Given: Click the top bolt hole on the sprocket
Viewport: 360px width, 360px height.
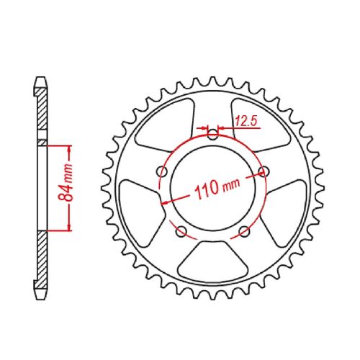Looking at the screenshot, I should (x=212, y=133).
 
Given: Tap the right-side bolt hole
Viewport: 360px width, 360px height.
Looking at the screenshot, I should (x=262, y=171).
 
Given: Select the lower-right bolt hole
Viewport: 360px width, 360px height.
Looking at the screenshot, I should (x=244, y=230).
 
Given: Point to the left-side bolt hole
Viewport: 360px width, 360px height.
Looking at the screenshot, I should (x=163, y=172).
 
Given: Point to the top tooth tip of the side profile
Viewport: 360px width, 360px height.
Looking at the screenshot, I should (x=40, y=78).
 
